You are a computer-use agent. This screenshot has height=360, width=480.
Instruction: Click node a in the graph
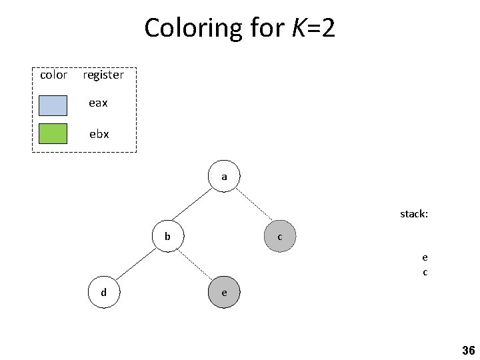[x=224, y=177]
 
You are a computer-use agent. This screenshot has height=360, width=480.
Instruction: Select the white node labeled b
[x=168, y=236]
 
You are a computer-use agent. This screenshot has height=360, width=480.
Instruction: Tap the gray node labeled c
[x=279, y=237]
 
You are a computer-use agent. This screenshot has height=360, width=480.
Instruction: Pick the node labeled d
[x=103, y=292]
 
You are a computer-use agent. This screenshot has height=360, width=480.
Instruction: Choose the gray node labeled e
[x=224, y=292]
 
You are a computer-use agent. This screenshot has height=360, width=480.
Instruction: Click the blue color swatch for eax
[x=53, y=105]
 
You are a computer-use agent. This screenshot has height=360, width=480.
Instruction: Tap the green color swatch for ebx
[x=53, y=134]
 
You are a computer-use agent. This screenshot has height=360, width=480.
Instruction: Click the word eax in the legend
[x=99, y=104]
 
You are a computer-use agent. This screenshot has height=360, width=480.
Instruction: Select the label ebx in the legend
[x=99, y=134]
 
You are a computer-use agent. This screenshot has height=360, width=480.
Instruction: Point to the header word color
[x=53, y=75]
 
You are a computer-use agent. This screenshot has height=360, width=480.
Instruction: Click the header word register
[x=103, y=75]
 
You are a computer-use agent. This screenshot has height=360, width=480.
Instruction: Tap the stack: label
[x=414, y=214]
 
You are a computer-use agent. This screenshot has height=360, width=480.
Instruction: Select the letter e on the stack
[x=425, y=257]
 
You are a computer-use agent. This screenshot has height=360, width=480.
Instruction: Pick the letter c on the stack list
[x=425, y=272]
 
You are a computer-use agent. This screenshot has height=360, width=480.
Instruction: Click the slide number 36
[x=467, y=351]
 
